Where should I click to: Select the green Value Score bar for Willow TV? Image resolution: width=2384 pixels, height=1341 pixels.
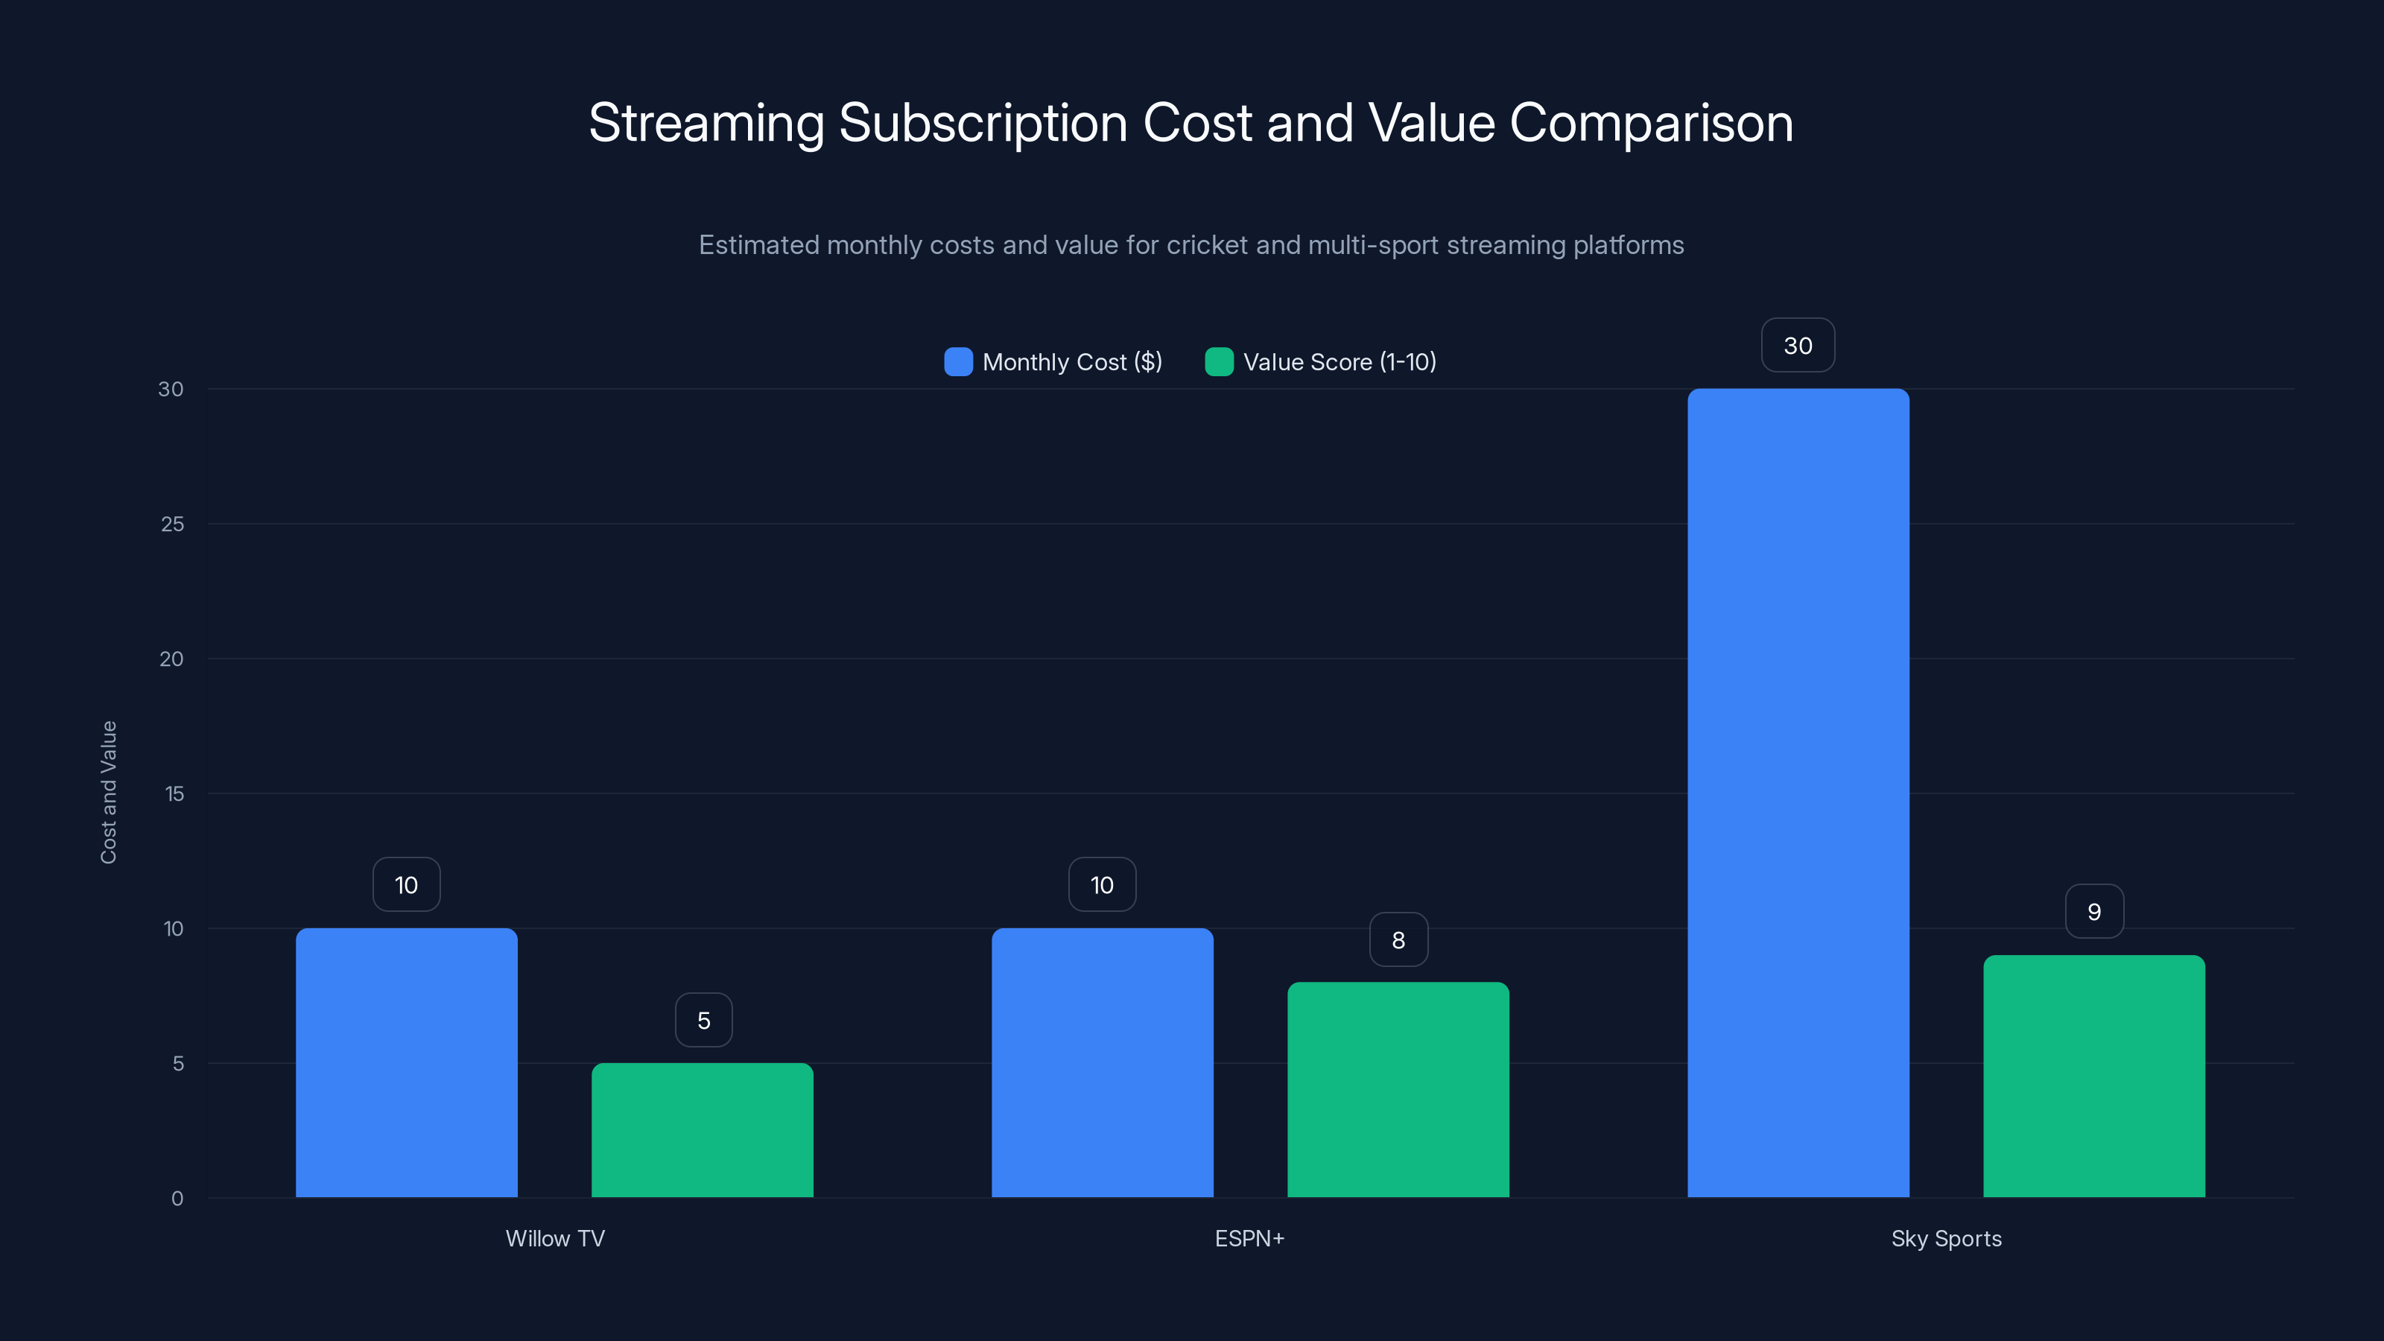703,1130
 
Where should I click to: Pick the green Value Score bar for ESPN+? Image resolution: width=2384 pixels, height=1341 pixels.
1398,1089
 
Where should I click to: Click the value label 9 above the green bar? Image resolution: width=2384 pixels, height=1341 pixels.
2093,912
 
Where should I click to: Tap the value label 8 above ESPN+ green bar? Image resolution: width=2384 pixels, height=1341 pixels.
1398,939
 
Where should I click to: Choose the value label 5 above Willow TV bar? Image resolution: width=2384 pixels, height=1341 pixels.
703,1020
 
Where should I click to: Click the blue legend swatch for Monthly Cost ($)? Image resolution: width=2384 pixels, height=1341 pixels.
958,362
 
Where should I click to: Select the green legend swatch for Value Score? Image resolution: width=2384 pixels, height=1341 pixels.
1219,362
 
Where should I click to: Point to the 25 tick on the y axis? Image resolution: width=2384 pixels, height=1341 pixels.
172,524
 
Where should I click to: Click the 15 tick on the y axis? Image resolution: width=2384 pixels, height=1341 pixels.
174,793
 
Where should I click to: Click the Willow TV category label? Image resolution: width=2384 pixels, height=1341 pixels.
554,1238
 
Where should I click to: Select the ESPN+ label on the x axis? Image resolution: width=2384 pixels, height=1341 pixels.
1249,1238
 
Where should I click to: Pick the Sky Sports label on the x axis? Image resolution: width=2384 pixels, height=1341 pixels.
1945,1238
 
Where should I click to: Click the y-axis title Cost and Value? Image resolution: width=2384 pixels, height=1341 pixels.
108,792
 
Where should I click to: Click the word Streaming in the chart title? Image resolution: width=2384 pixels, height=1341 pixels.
706,123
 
